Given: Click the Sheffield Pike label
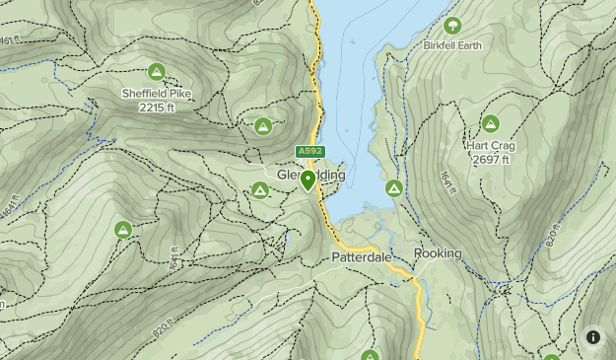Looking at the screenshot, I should pyautogui.click(x=157, y=94).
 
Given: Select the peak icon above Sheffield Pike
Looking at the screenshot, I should pyautogui.click(x=156, y=72).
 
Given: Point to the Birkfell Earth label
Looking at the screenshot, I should pyautogui.click(x=453, y=46).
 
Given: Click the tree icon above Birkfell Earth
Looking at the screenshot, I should pyautogui.click(x=453, y=26).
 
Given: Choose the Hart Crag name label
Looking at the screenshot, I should pyautogui.click(x=491, y=146).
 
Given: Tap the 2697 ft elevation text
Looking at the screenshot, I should pyautogui.click(x=491, y=159).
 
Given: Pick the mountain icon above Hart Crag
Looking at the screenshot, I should pyautogui.click(x=491, y=124).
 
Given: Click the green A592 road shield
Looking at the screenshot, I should pyautogui.click(x=308, y=152).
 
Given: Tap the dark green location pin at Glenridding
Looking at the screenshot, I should pyautogui.click(x=308, y=180).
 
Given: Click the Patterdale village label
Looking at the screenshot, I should pyautogui.click(x=361, y=256).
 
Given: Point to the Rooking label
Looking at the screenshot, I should pyautogui.click(x=438, y=253).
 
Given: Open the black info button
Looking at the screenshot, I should pyautogui.click(x=593, y=337).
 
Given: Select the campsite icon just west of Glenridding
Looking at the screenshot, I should pyautogui.click(x=260, y=190).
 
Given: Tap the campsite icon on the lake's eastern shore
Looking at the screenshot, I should pyautogui.click(x=393, y=187).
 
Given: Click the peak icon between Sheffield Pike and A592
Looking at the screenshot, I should pyautogui.click(x=263, y=126).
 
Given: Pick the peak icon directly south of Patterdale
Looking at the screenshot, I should pyautogui.click(x=370, y=355).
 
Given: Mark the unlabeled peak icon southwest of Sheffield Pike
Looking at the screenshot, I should pyautogui.click(x=123, y=230).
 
